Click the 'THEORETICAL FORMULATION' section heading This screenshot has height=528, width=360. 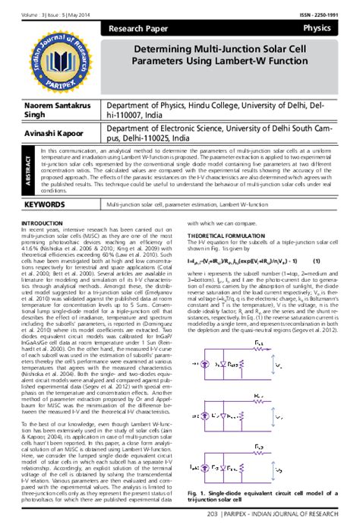226,236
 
